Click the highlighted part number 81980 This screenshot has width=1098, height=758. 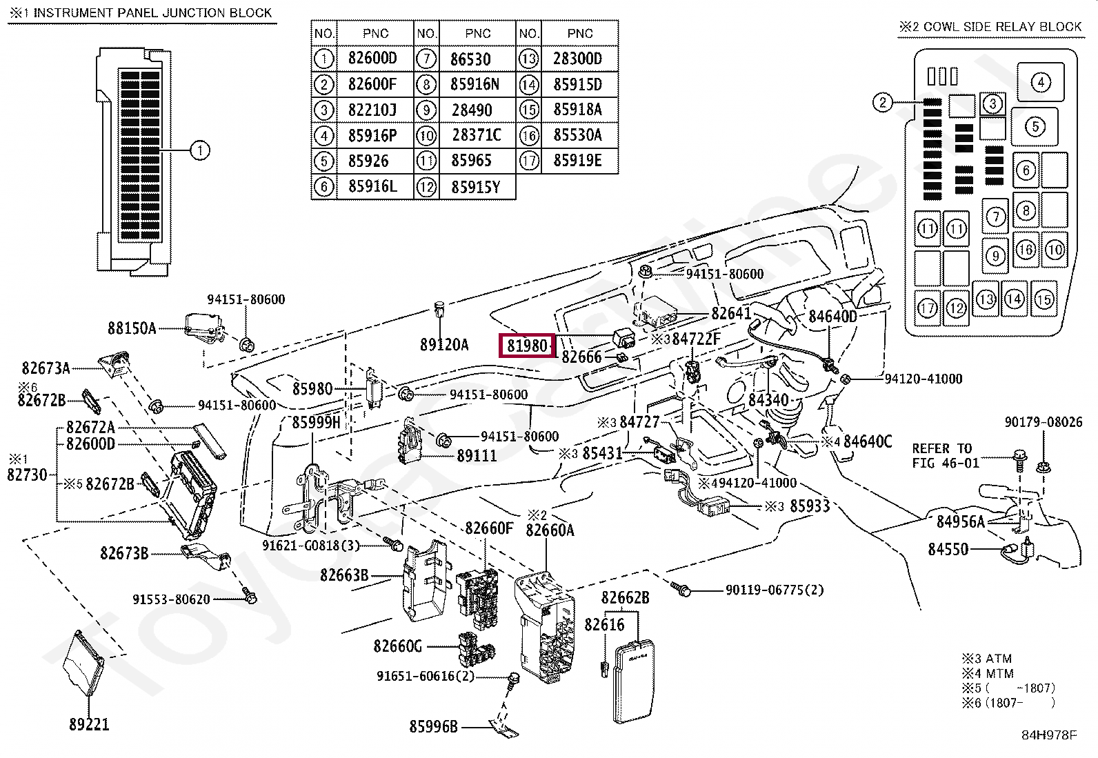[x=527, y=345]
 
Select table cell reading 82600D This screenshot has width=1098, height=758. [x=372, y=59]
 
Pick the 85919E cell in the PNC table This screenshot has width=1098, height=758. [x=577, y=161]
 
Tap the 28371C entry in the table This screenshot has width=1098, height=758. [x=477, y=135]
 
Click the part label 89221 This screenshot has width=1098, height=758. [x=89, y=724]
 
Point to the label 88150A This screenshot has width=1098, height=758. [x=132, y=328]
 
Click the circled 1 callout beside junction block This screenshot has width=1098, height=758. [x=199, y=150]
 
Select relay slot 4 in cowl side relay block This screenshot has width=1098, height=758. [x=1040, y=83]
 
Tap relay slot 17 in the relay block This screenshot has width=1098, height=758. [x=928, y=307]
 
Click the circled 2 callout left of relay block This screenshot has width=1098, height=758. [x=883, y=103]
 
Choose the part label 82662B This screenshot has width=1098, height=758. [x=625, y=597]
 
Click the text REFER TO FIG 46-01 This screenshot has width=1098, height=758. [x=945, y=456]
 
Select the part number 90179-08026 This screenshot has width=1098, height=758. [x=1043, y=421]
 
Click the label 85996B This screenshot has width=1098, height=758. [x=433, y=726]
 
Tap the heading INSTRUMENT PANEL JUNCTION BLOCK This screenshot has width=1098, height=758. [x=152, y=12]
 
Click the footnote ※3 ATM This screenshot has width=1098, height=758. [x=987, y=658]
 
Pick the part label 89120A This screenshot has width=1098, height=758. [x=444, y=344]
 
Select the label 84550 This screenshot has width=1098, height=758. [x=948, y=549]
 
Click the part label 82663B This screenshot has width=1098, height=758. [x=344, y=575]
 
